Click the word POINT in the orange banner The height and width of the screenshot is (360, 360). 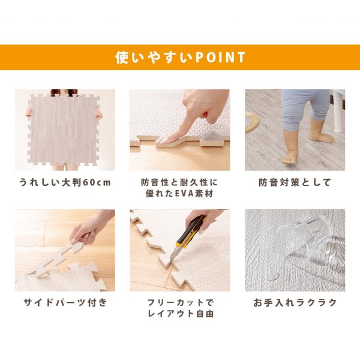(x=220, y=57)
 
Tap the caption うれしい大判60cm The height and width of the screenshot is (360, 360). (x=65, y=182)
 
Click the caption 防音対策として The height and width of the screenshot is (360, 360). (x=295, y=182)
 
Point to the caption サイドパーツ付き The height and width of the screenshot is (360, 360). (x=65, y=302)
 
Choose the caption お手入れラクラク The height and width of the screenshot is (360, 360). (x=295, y=302)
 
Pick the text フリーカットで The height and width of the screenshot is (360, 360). (x=180, y=302)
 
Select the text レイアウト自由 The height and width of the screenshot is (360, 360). (x=181, y=313)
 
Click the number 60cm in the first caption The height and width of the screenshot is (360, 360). (x=97, y=183)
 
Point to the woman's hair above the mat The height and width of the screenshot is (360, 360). (x=64, y=92)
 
